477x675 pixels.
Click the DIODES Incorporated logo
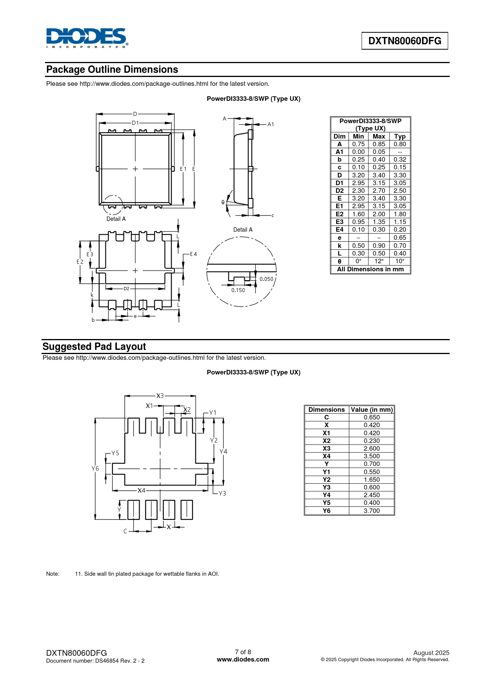(87, 38)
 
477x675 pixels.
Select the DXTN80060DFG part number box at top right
(405, 41)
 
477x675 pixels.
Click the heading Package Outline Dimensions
(112, 70)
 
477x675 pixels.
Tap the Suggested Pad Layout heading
(94, 347)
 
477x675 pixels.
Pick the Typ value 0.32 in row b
(400, 160)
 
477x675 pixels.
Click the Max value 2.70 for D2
(379, 191)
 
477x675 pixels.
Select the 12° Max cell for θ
(379, 261)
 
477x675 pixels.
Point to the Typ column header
(400, 136)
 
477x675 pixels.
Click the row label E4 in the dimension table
(340, 230)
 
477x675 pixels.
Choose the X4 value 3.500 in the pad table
(372, 456)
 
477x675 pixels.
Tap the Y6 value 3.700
(372, 511)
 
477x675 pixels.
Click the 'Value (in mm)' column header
(372, 410)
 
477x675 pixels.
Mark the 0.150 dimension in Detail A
(238, 290)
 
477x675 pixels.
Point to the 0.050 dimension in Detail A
(266, 279)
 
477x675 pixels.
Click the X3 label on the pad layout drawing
(160, 396)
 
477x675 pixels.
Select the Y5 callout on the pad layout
(115, 453)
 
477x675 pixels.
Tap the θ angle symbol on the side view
(223, 202)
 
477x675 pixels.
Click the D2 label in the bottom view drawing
(127, 289)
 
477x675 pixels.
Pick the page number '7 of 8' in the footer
(243, 652)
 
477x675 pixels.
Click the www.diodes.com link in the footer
(243, 659)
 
